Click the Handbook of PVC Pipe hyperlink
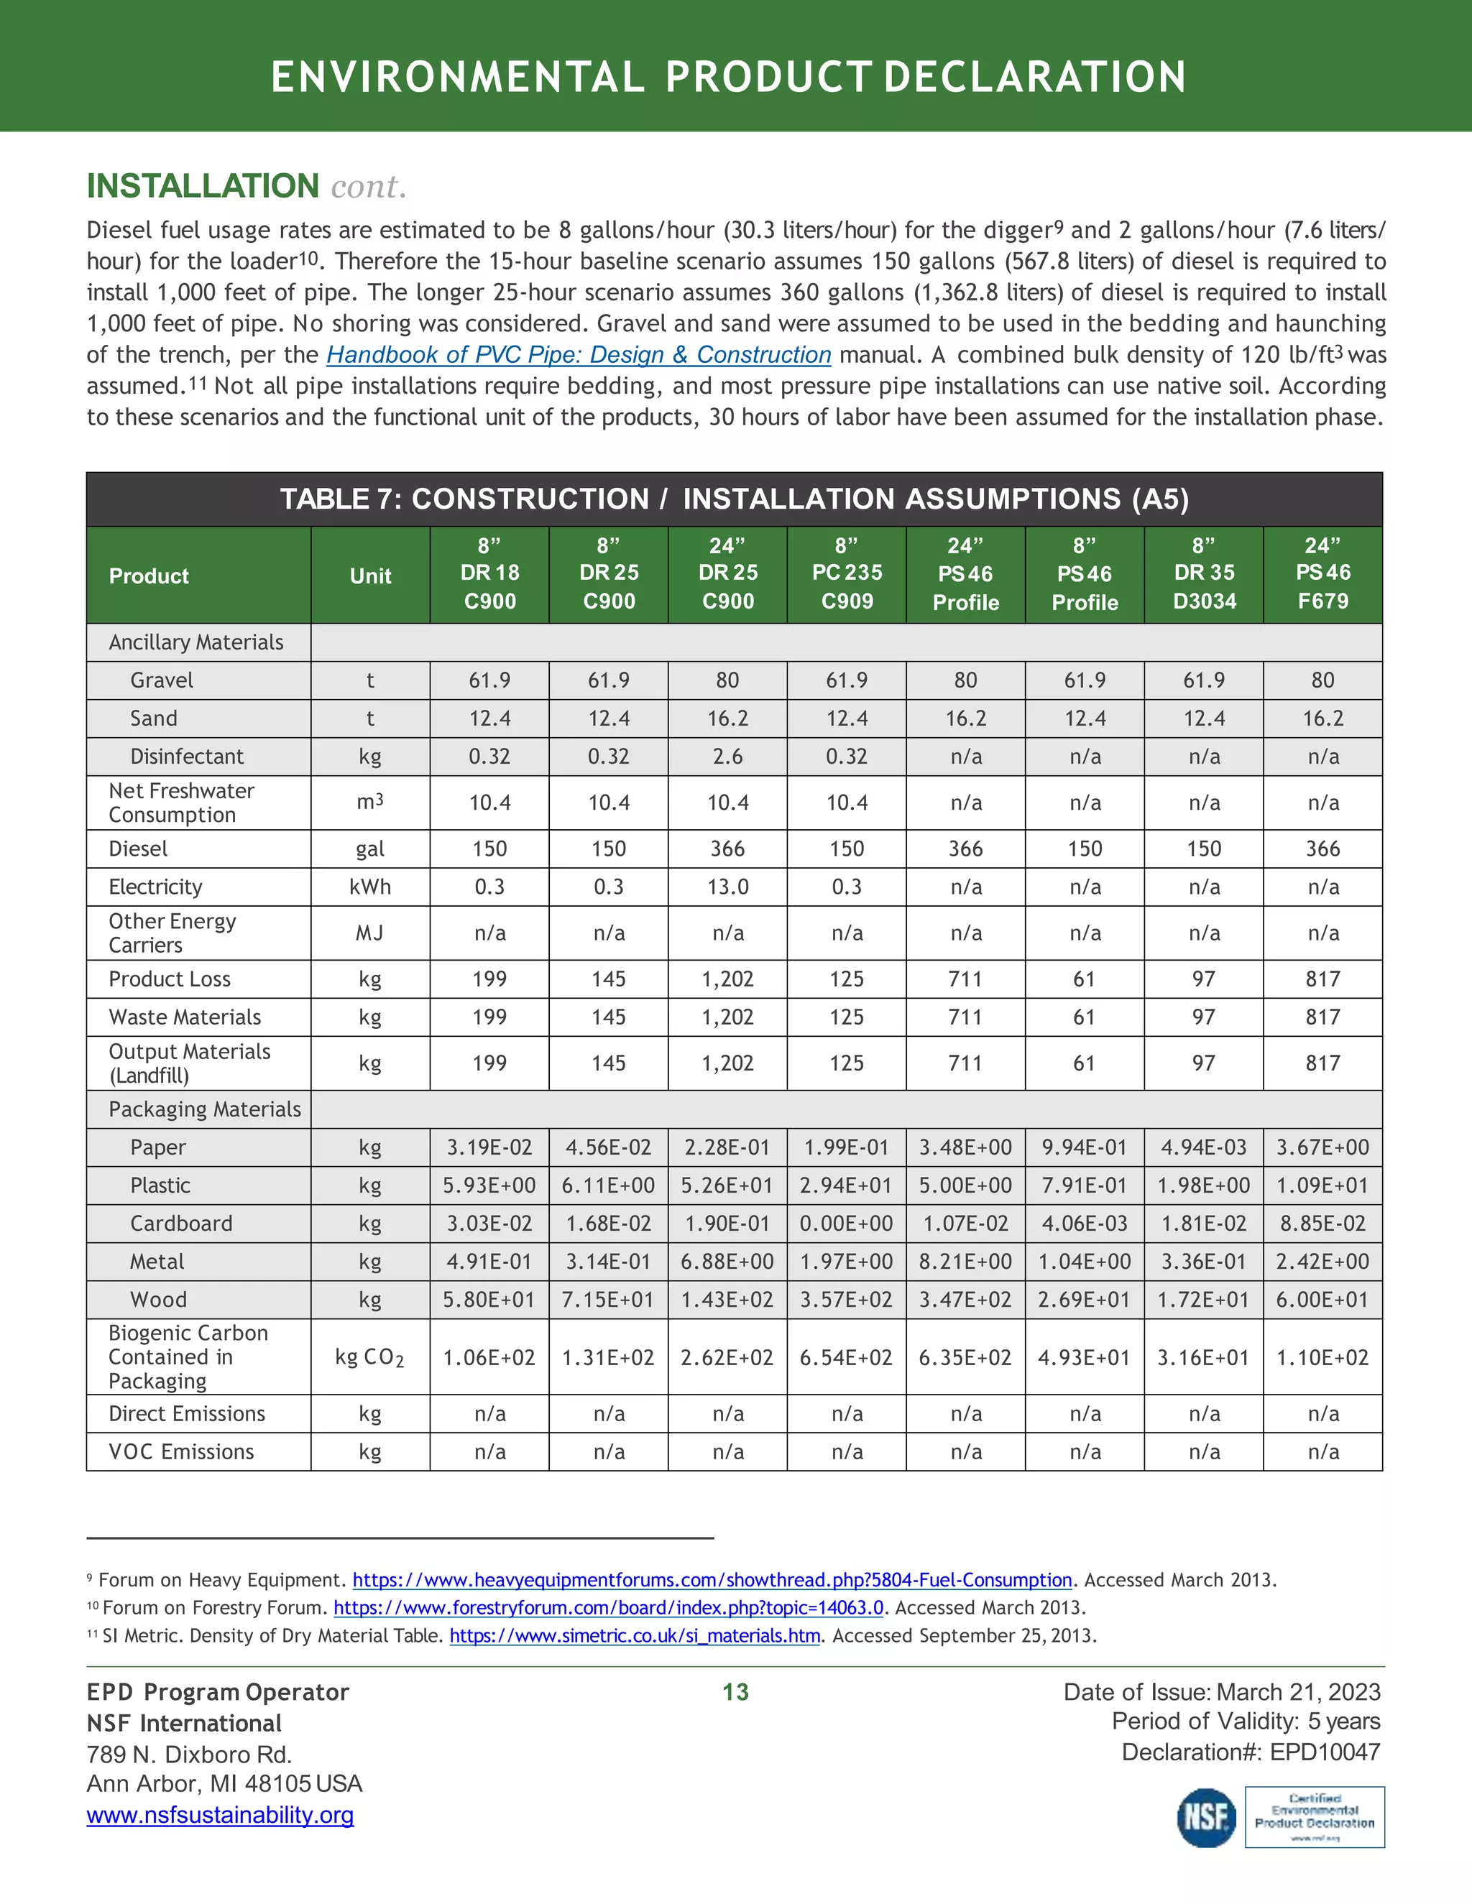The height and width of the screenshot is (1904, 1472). [x=578, y=355]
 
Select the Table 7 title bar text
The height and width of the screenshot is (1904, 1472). [x=735, y=499]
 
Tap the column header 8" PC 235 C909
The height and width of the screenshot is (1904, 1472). [x=846, y=573]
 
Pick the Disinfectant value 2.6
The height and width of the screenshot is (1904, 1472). [x=727, y=757]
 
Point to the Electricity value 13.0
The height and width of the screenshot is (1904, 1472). [x=727, y=887]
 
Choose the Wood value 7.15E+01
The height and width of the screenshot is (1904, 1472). [x=608, y=1300]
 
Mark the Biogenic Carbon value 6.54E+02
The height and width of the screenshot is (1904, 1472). [x=846, y=1357]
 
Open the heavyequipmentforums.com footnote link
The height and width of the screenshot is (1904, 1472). [x=712, y=1580]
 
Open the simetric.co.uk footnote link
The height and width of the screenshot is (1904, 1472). [x=634, y=1635]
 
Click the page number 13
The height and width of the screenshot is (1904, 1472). [x=735, y=1692]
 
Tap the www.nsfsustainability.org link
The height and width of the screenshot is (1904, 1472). [x=220, y=1815]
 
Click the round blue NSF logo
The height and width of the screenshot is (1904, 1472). [x=1206, y=1817]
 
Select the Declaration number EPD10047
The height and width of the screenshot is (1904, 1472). [x=1325, y=1752]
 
